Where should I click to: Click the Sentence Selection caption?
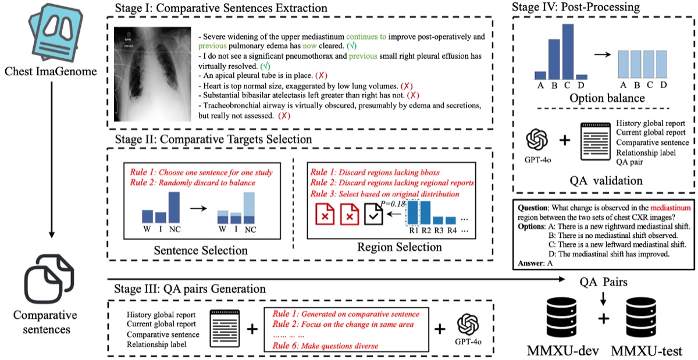[191, 251]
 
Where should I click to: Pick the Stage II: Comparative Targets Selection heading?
[210, 140]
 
